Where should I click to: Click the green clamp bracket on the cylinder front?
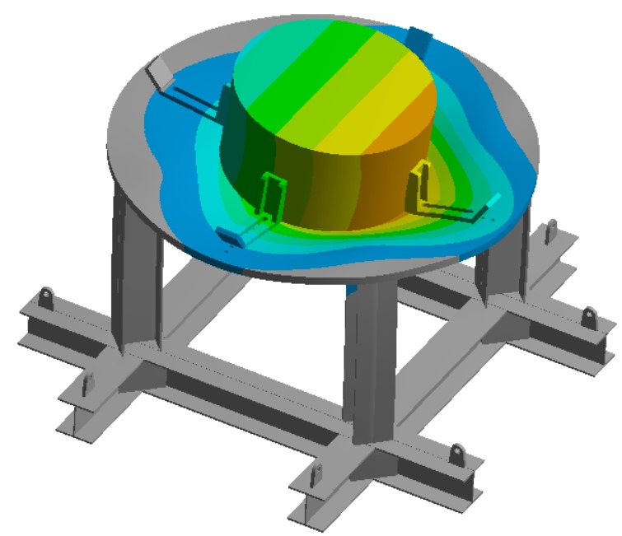click(x=269, y=198)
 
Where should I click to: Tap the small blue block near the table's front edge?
click(x=229, y=235)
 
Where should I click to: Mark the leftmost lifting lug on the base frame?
click(x=46, y=296)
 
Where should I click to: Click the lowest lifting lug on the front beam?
click(x=456, y=454)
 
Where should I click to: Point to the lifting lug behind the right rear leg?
click(x=553, y=228)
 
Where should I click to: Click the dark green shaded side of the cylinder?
click(x=247, y=156)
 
